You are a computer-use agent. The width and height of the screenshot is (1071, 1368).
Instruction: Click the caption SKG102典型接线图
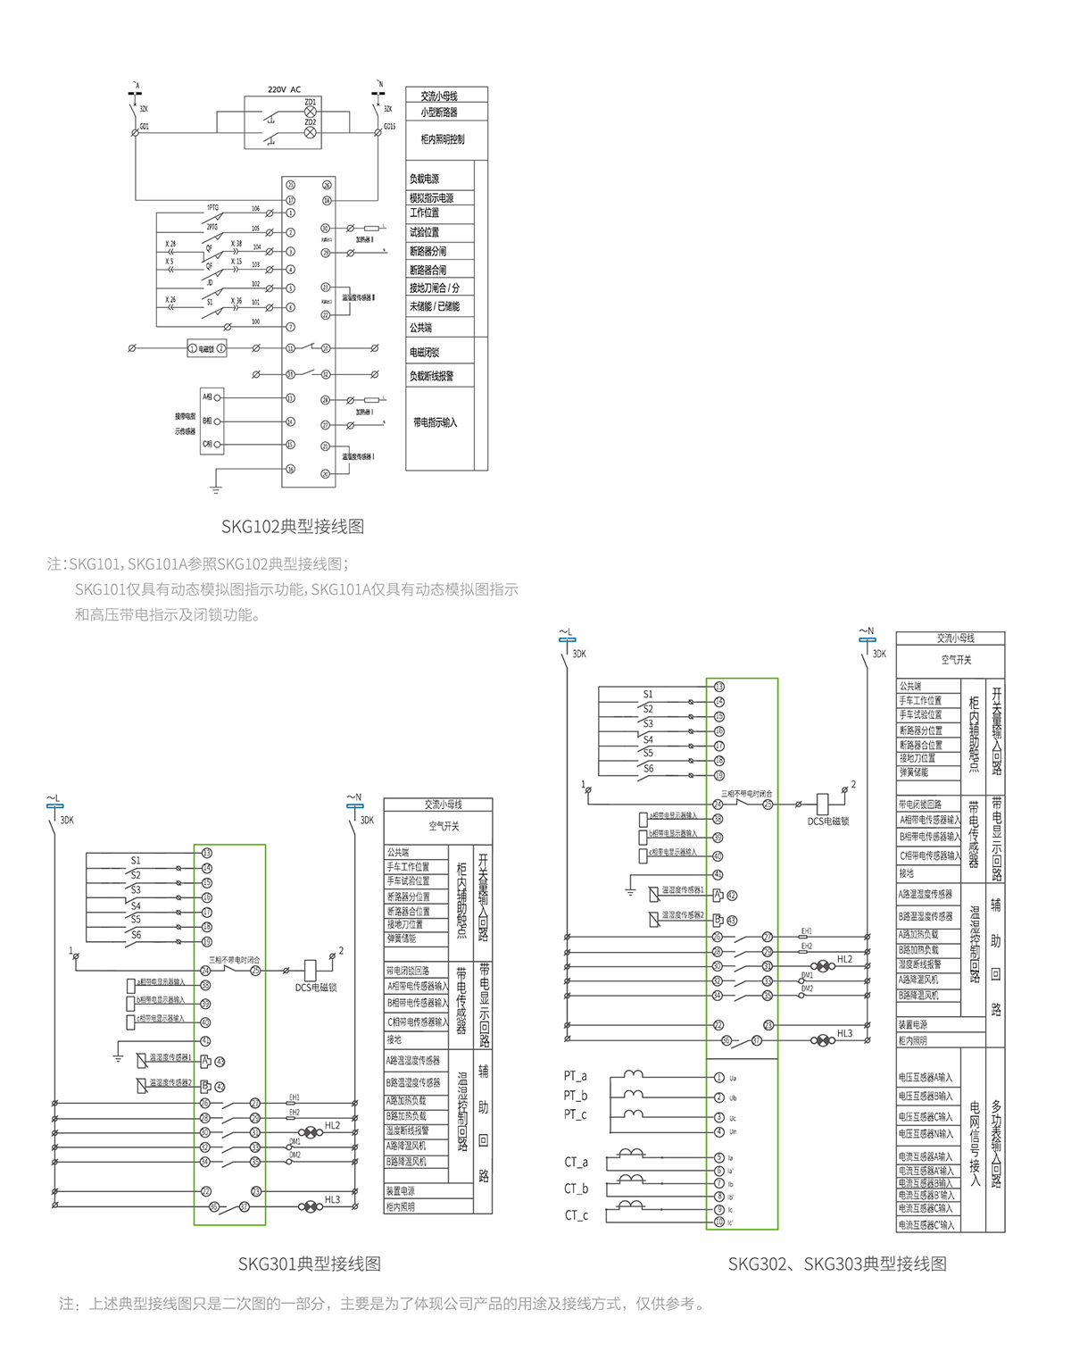click(293, 527)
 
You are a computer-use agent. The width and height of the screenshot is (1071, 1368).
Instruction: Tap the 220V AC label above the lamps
click(284, 90)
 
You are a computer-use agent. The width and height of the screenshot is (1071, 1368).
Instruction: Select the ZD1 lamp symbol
click(311, 113)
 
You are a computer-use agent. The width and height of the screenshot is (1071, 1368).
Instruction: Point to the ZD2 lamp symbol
click(311, 132)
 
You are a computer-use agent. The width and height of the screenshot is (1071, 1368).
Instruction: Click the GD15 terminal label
click(389, 127)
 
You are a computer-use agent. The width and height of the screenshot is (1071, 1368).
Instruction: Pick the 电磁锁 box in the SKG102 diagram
click(206, 348)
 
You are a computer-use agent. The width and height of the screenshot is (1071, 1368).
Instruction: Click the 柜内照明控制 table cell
click(443, 139)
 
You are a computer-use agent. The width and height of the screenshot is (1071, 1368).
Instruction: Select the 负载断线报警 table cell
click(432, 376)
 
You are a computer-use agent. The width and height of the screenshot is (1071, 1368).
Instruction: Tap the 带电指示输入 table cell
click(436, 422)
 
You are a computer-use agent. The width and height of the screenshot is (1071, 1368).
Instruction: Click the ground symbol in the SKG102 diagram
click(215, 488)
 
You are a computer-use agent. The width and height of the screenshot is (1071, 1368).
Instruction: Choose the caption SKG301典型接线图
click(310, 1264)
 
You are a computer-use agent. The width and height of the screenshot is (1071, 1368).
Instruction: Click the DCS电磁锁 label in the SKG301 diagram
click(316, 988)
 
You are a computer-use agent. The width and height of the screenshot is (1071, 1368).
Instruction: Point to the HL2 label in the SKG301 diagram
click(332, 1126)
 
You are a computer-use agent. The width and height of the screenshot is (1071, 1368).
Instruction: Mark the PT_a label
click(576, 1077)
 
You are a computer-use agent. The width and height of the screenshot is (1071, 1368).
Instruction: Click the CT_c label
click(577, 1215)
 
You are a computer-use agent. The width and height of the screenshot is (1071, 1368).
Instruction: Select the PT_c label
click(576, 1115)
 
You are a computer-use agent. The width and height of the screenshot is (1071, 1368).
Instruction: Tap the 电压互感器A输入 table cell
click(926, 1078)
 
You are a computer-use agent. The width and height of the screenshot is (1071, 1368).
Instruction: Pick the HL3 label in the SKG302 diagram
click(844, 1033)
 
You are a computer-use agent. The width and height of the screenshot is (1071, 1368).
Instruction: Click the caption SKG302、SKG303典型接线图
click(837, 1264)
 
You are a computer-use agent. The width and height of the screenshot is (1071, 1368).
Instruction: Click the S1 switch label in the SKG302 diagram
click(648, 694)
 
